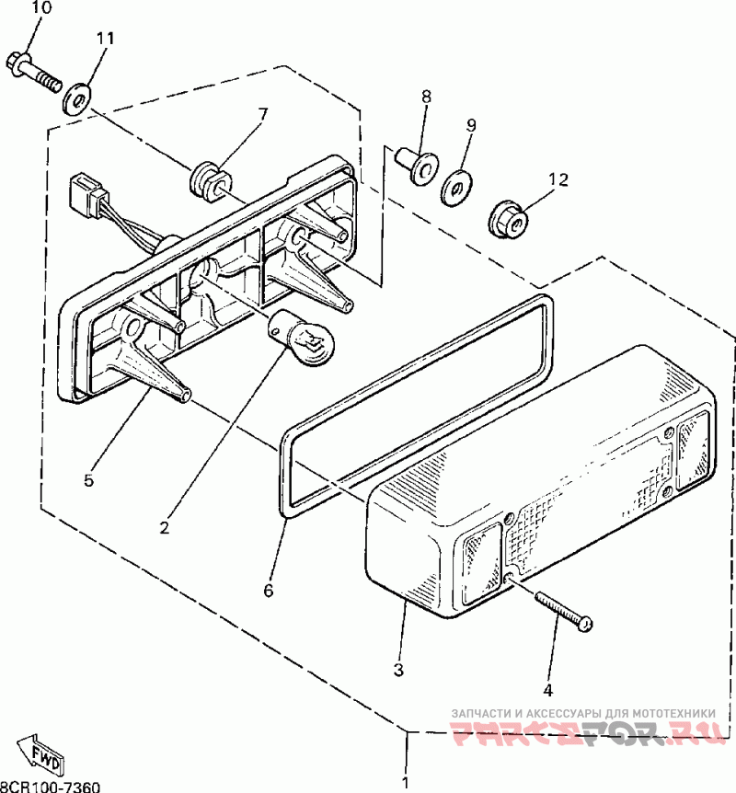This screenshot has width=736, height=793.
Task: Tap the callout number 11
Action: click(x=105, y=38)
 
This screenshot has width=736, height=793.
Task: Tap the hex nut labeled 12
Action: click(x=509, y=219)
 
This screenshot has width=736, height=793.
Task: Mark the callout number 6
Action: click(x=269, y=591)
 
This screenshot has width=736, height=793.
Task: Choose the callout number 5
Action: click(x=88, y=479)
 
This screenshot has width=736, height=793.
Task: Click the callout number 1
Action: click(x=405, y=783)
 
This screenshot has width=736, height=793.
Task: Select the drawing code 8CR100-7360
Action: click(x=50, y=786)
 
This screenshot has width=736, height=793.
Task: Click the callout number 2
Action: click(x=165, y=527)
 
